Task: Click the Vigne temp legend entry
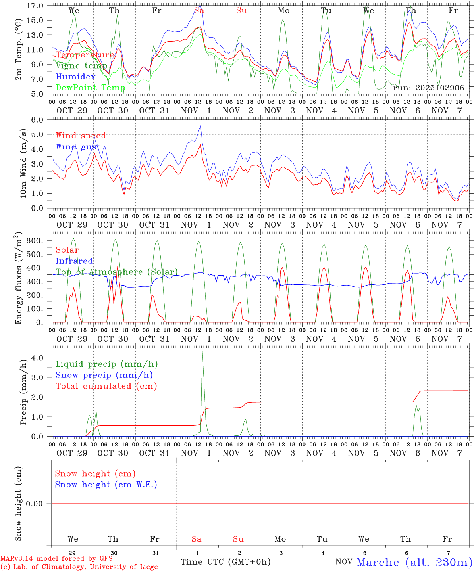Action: coord(81,66)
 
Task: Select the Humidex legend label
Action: coord(75,77)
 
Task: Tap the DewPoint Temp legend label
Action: coord(91,88)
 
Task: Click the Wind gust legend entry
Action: coord(78,147)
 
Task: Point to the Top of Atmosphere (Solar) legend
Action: coord(117,272)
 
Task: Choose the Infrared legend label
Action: coord(74,261)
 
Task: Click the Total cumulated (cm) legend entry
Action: coord(106,386)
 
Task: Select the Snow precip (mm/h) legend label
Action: coord(104,375)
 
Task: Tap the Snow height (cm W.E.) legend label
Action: coord(106,485)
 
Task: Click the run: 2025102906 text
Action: coord(428,88)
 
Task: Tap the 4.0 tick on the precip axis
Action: coord(39,358)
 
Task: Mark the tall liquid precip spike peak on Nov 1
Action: coord(202,351)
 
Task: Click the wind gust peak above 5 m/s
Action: coord(201,126)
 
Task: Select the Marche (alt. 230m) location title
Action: coord(414,562)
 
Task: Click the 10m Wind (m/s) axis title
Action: coord(23,163)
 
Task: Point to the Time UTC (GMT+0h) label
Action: coord(225,562)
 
